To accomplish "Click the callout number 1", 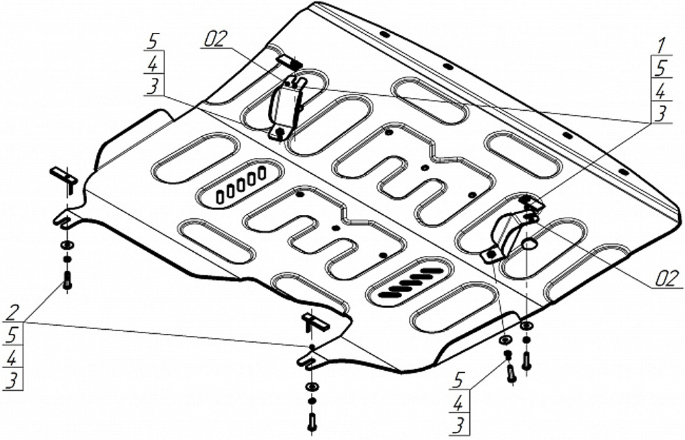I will pyautogui.click(x=660, y=47).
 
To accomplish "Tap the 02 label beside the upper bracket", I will pyautogui.click(x=214, y=39).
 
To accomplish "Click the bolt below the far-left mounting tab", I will pyautogui.click(x=67, y=279).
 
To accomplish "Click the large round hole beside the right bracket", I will pyautogui.click(x=530, y=244).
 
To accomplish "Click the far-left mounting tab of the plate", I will pyautogui.click(x=64, y=219).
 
